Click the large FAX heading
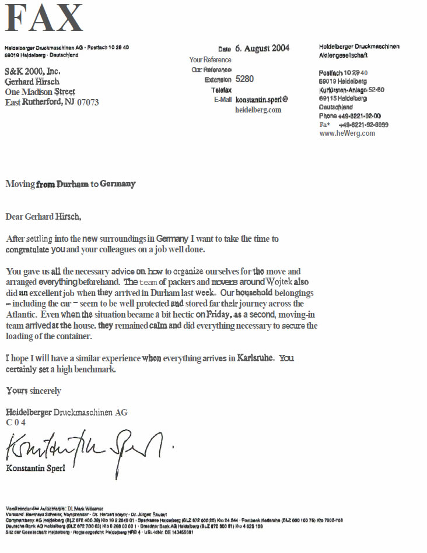point(45,19)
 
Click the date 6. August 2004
point(262,48)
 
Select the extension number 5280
point(244,79)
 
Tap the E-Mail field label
point(223,100)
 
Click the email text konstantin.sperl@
point(261,100)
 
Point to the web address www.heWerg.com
point(347,133)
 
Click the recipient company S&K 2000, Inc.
point(33,71)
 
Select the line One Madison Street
point(40,92)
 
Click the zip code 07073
point(87,103)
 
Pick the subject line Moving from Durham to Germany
point(70,184)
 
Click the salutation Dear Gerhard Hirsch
point(44,217)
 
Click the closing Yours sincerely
point(33,390)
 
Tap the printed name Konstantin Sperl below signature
point(36,468)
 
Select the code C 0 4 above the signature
point(16,422)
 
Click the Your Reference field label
point(210,59)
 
